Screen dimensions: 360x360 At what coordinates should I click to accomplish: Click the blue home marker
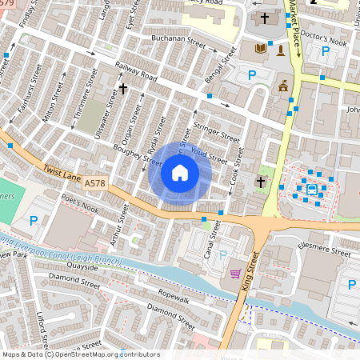click(180, 173)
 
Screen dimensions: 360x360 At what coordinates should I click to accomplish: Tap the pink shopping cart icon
click(235, 274)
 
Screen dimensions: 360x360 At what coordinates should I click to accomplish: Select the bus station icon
click(310, 190)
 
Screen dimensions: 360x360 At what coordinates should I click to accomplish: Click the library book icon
click(261, 50)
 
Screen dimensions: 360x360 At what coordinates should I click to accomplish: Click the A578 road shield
click(94, 183)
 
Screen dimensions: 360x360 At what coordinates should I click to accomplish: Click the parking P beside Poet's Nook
click(34, 221)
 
